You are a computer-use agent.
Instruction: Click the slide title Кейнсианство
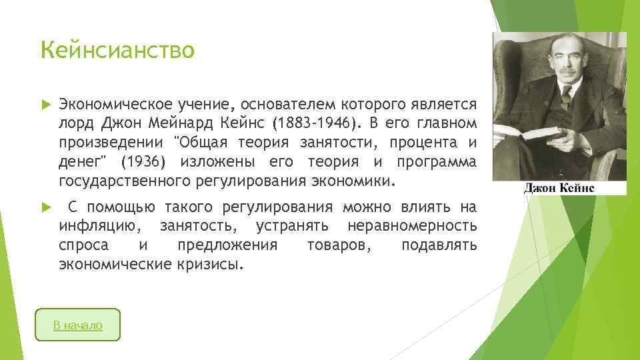click(117, 50)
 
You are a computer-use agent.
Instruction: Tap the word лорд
click(74, 123)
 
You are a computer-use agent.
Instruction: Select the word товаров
click(336, 245)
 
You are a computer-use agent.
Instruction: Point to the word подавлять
click(439, 245)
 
